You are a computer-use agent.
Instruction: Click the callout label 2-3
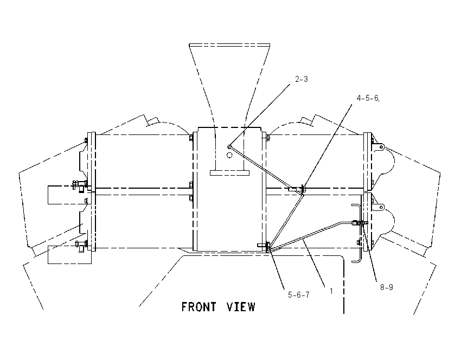coord(302,79)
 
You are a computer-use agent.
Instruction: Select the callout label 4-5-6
coord(368,98)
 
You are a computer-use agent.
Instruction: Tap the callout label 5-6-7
coord(299,295)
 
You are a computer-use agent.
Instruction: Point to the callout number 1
coord(331,291)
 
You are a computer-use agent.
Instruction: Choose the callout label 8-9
coord(387,287)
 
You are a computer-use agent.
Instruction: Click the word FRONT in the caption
coord(199,307)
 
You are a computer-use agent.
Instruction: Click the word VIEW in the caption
coord(241,307)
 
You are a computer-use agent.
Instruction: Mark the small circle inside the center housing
coord(229,155)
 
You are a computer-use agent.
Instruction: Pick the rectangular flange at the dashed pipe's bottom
coord(229,173)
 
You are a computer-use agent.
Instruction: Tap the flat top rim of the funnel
coord(229,45)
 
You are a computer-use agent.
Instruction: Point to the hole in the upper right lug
coord(381,146)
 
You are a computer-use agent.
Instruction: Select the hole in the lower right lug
coord(381,207)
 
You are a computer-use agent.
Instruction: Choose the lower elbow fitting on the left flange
coord(80,246)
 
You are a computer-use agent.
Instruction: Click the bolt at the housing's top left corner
coord(191,138)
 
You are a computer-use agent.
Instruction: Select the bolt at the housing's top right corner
coord(267,138)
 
